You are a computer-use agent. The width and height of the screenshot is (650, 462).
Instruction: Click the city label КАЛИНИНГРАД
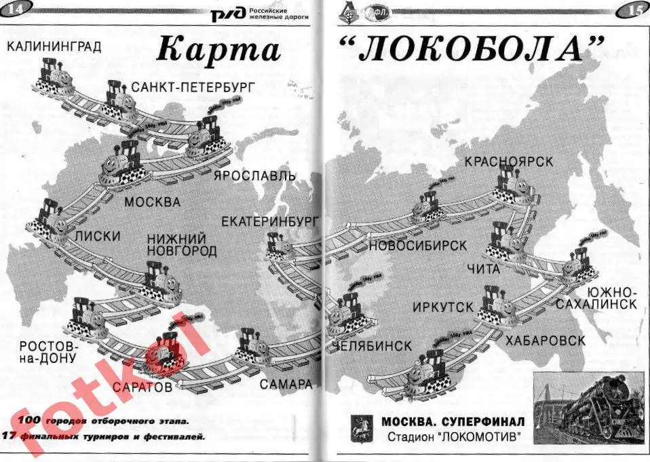tap(54, 46)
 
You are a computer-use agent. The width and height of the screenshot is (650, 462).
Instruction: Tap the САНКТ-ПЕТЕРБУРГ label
tap(193, 87)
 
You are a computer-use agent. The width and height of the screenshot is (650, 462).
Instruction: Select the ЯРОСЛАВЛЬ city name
tap(254, 176)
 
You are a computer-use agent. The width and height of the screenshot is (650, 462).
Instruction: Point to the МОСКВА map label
tap(153, 202)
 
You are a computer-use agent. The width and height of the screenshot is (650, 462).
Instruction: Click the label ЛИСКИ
tap(98, 236)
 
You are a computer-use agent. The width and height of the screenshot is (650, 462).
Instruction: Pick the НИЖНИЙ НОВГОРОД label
tap(183, 245)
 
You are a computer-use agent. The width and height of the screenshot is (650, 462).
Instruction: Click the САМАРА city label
tap(286, 384)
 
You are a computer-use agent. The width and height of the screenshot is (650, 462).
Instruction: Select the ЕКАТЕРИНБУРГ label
tap(270, 221)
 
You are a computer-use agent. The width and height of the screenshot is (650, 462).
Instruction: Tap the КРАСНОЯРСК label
tap(508, 161)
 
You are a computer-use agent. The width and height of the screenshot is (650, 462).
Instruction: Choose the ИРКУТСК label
tap(442, 307)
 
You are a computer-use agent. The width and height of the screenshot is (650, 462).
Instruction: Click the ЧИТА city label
tap(483, 269)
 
